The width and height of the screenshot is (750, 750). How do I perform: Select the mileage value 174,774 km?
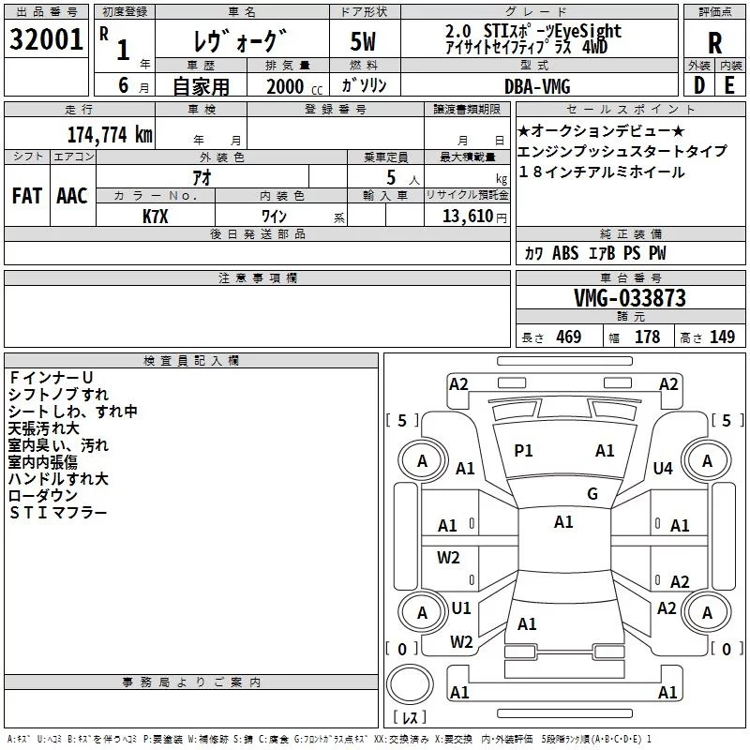[x=109, y=134]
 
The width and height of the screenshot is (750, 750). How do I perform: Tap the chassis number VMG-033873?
[x=630, y=298]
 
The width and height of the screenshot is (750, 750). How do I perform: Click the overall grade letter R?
[x=714, y=42]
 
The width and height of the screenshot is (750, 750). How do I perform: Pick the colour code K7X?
[x=156, y=216]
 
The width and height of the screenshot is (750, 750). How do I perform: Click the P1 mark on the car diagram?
[x=523, y=451]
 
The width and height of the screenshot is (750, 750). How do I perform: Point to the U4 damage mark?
[x=663, y=468]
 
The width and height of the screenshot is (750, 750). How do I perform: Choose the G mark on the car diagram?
[x=592, y=494]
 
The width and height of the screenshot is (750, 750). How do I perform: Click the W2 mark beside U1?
[x=460, y=642]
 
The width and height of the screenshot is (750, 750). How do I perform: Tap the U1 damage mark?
[x=461, y=608]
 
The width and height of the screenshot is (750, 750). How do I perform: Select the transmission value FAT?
[x=26, y=196]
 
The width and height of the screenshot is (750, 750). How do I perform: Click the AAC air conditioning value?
[x=71, y=196]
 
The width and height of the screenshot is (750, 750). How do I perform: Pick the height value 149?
[x=722, y=337]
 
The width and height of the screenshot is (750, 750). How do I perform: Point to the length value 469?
[x=567, y=337]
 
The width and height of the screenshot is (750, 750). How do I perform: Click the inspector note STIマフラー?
[x=58, y=513]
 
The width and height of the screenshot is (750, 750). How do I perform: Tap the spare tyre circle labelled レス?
[x=410, y=693]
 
